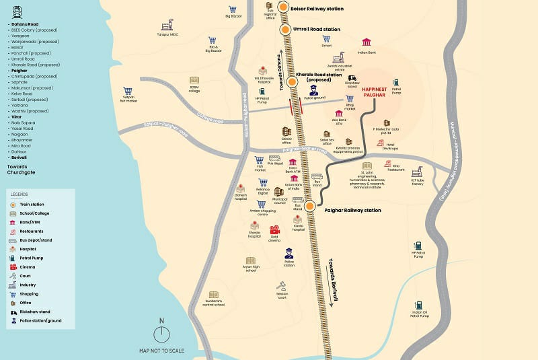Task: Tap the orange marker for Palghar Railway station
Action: (310, 206)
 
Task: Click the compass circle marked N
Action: (161, 334)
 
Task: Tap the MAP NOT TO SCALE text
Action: (161, 351)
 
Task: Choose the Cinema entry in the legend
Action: (27, 267)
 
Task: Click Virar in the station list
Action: (16, 117)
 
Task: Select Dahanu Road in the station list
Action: (24, 24)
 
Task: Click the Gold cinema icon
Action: (274, 229)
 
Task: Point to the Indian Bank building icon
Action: (367, 42)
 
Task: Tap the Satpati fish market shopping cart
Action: (128, 92)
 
